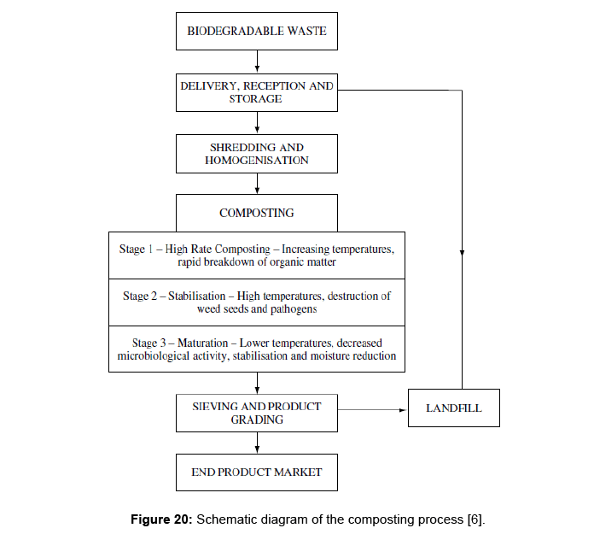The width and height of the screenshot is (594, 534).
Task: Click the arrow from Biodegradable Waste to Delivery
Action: click(257, 62)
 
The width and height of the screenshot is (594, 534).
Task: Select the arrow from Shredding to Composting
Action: click(257, 184)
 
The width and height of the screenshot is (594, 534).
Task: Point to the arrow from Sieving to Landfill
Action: click(372, 409)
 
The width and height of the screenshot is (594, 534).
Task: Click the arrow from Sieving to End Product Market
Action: click(257, 443)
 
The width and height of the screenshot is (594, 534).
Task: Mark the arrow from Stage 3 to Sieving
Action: click(257, 383)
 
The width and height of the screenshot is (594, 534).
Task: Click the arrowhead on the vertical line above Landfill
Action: click(462, 253)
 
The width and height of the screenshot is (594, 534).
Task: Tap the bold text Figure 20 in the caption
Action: click(162, 519)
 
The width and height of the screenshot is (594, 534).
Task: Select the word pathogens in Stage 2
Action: click(294, 309)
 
